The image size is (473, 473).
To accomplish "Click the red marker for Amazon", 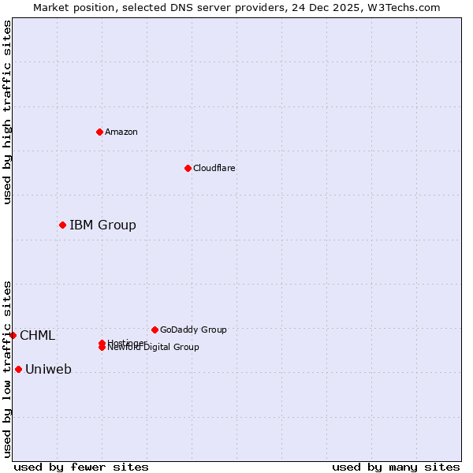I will click(x=100, y=132).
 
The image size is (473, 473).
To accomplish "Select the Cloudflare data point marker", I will click(x=188, y=168).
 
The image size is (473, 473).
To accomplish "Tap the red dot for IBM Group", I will click(x=62, y=225).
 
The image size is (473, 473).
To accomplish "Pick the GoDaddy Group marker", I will click(x=155, y=330).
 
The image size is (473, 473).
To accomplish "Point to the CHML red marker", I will click(x=13, y=336).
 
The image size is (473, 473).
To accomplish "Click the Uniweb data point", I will click(x=18, y=369).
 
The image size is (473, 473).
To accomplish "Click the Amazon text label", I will click(x=121, y=132).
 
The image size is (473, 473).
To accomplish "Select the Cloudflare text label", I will click(x=214, y=168).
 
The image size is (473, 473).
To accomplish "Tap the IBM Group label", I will click(x=102, y=225).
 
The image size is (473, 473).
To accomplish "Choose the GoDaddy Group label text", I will click(x=193, y=330).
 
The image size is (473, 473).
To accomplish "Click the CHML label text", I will click(x=37, y=336).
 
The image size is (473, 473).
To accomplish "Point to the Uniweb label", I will click(x=48, y=369).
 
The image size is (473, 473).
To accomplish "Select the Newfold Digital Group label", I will click(x=154, y=348).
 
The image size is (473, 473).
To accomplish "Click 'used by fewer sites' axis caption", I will click(x=81, y=467).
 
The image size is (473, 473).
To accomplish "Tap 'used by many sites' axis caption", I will click(x=396, y=467).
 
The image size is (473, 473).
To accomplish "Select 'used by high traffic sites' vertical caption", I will click(x=8, y=112).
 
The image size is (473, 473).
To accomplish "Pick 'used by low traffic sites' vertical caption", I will click(x=8, y=368).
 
